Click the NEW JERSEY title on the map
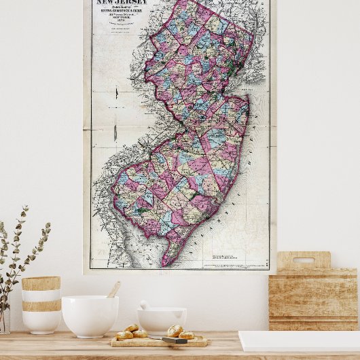[118, 3]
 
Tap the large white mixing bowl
[90, 316]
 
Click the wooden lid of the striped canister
[41, 283]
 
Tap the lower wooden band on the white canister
[41, 306]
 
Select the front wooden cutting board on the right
[312, 299]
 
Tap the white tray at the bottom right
[299, 341]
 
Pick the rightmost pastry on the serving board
[186, 335]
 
